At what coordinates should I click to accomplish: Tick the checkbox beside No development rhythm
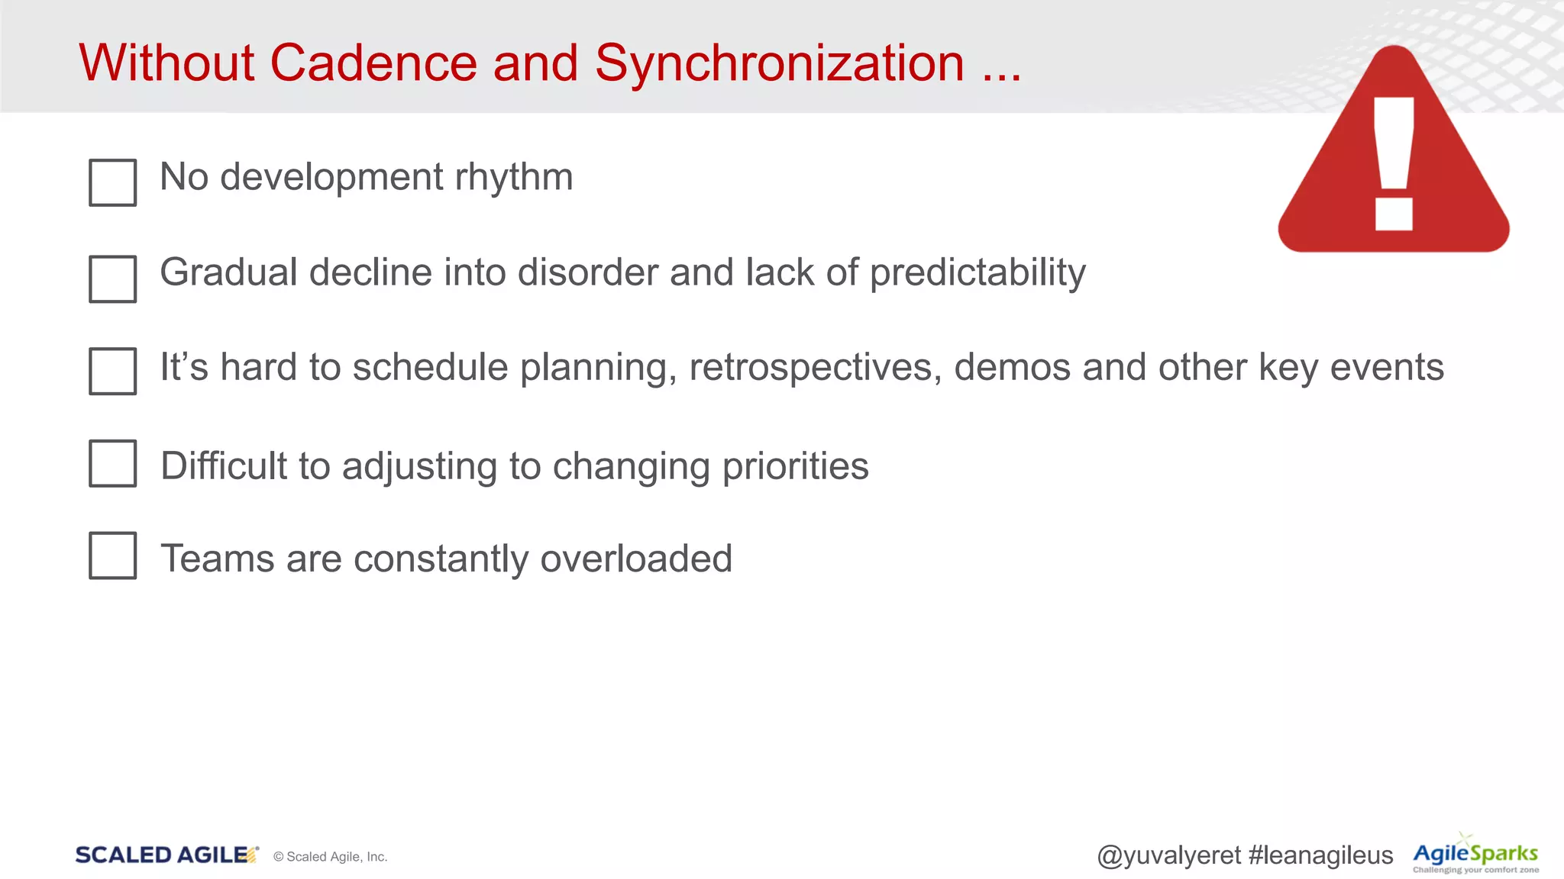point(112,182)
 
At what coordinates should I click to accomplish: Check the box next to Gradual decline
point(112,279)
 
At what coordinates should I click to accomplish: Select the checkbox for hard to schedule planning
point(112,371)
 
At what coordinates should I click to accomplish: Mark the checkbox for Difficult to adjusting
point(112,463)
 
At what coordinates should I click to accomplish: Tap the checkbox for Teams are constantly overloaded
point(112,555)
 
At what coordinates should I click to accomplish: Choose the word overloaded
point(636,559)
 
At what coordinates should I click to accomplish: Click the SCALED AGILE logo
point(165,855)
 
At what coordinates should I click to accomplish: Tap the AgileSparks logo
point(1475,855)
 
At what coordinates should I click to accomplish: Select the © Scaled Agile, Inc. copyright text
point(330,857)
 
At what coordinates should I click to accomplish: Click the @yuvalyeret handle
point(1168,855)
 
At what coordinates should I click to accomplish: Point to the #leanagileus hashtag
point(1320,855)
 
